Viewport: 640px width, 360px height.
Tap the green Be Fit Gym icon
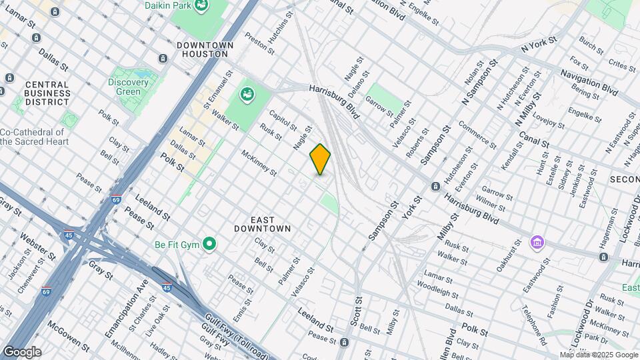click(209, 244)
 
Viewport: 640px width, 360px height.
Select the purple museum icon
click(537, 242)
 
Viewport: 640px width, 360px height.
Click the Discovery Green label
click(128, 87)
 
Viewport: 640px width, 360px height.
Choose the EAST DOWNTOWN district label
click(262, 223)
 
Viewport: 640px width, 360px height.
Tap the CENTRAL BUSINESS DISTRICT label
click(47, 93)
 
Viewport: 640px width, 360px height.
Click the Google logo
click(21, 351)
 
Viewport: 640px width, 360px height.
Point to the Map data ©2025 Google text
click(599, 355)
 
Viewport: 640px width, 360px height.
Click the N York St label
click(538, 46)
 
